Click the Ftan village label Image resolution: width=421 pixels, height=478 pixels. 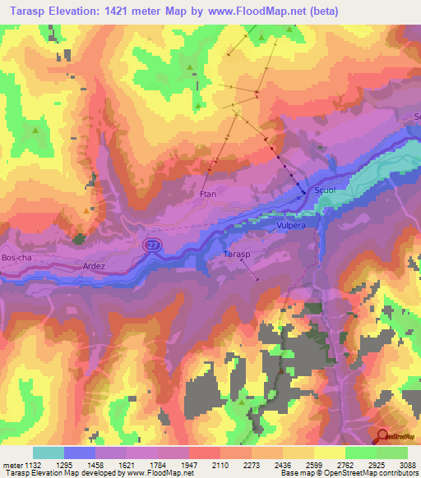click(x=207, y=195)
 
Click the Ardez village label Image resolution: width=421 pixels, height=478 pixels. click(x=95, y=266)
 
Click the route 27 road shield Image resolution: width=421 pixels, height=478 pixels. click(x=151, y=245)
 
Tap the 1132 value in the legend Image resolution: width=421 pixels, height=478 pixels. click(x=33, y=464)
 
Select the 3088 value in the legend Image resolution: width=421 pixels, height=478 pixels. click(x=408, y=464)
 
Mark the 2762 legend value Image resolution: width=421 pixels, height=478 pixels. click(x=345, y=464)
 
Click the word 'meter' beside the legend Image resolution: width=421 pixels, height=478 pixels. click(x=12, y=464)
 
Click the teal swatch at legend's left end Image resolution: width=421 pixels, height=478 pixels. click(x=49, y=453)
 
